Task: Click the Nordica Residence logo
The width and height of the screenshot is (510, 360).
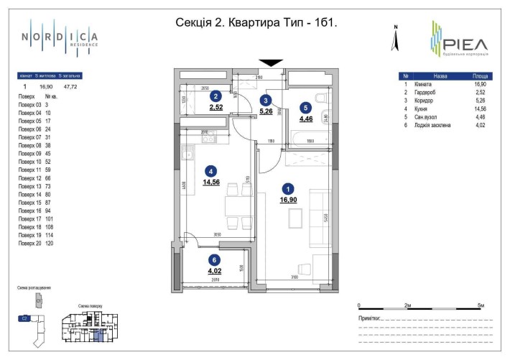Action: pyautogui.click(x=59, y=37)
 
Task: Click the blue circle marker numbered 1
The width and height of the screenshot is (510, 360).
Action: pyautogui.click(x=287, y=189)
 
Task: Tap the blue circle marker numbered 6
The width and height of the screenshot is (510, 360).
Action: pyautogui.click(x=215, y=261)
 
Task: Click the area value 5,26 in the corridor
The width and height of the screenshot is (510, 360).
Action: pyautogui.click(x=266, y=111)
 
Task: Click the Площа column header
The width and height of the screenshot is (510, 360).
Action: pyautogui.click(x=481, y=76)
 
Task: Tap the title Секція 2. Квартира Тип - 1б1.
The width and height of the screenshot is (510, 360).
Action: pyautogui.click(x=256, y=22)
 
